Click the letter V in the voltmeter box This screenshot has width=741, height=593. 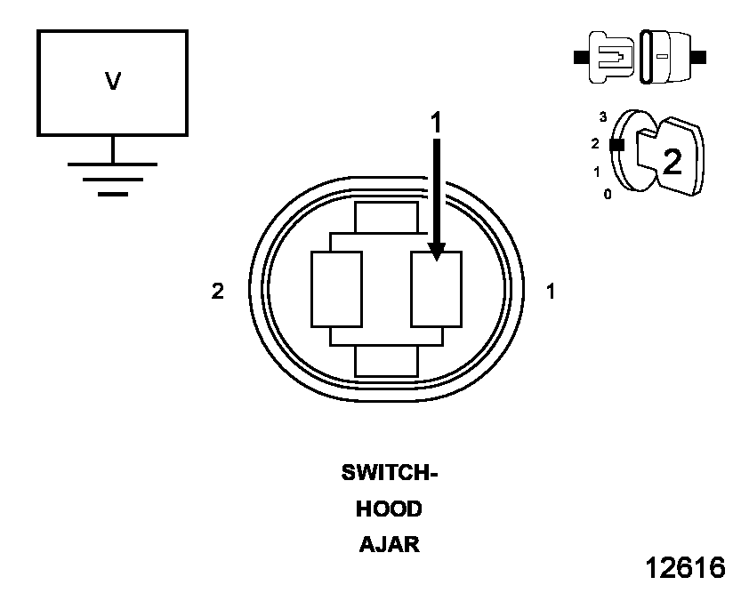coord(113,82)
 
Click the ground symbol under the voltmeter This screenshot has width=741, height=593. coord(112,178)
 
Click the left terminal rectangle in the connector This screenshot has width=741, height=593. coord(336,288)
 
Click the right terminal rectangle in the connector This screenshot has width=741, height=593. coord(436,290)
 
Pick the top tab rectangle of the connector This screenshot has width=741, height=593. coord(386,218)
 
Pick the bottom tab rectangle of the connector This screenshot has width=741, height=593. coord(386,361)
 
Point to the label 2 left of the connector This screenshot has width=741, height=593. coord(218,291)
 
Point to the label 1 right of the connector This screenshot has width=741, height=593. coord(551,291)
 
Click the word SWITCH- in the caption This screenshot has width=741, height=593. coord(390,473)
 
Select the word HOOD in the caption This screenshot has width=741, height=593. coord(389,509)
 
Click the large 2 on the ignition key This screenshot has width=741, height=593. coord(673,161)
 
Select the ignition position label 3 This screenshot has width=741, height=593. coord(603,116)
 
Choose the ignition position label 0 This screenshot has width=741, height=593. coord(608,194)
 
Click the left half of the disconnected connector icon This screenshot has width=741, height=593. coord(610,57)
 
